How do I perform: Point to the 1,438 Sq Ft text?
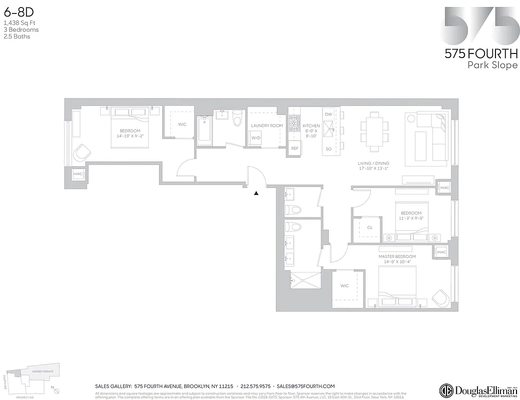pyautogui.click(x=20, y=23)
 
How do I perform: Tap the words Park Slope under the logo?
pyautogui.click(x=492, y=65)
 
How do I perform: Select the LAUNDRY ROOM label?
pyautogui.click(x=267, y=125)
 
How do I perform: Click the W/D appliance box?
pyautogui.click(x=256, y=137)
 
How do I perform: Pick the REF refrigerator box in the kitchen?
pyautogui.click(x=295, y=148)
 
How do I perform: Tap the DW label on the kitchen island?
pyautogui.click(x=328, y=114)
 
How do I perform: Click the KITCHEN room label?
pyautogui.click(x=311, y=126)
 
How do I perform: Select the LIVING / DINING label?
pyautogui.click(x=373, y=163)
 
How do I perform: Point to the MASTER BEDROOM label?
pyautogui.click(x=397, y=256)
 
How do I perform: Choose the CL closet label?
pyautogui.click(x=369, y=227)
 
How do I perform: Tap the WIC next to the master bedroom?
pyautogui.click(x=344, y=286)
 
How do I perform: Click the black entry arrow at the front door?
pyautogui.click(x=256, y=193)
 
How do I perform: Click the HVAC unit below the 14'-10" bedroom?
pyautogui.click(x=77, y=174)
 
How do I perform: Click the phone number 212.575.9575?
pyautogui.click(x=255, y=386)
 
